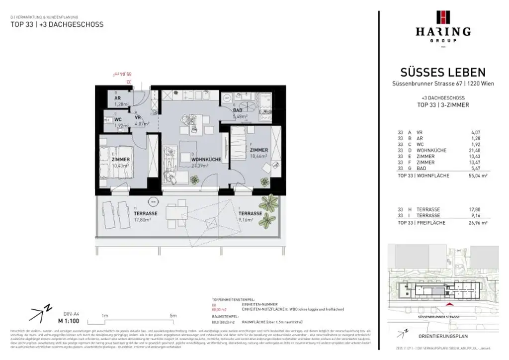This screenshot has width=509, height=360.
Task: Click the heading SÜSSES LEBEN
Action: (x=443, y=73)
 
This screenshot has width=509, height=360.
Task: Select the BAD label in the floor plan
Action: (x=238, y=110)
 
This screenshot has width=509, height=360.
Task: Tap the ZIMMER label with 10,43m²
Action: (x=121, y=160)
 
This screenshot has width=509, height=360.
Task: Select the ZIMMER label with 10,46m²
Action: (x=258, y=150)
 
